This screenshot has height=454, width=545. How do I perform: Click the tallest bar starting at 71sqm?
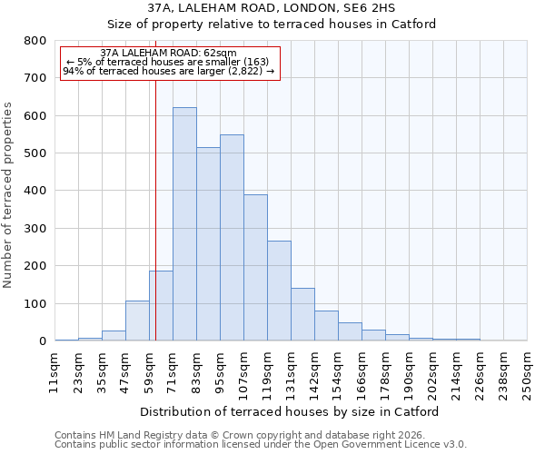pos(184,224)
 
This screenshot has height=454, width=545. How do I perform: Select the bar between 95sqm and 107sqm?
pos(232,238)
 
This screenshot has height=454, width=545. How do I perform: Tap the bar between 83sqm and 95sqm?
pos(208,244)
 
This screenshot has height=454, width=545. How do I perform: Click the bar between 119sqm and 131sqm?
pos(279,291)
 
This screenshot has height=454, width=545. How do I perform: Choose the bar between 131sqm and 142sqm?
pos(302,314)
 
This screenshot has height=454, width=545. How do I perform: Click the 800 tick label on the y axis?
pos(35,41)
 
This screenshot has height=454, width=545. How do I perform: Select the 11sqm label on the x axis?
pos(54,372)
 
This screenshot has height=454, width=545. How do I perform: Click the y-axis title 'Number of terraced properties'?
pos(9,194)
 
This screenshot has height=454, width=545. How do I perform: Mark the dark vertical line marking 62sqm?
pos(155,227)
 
